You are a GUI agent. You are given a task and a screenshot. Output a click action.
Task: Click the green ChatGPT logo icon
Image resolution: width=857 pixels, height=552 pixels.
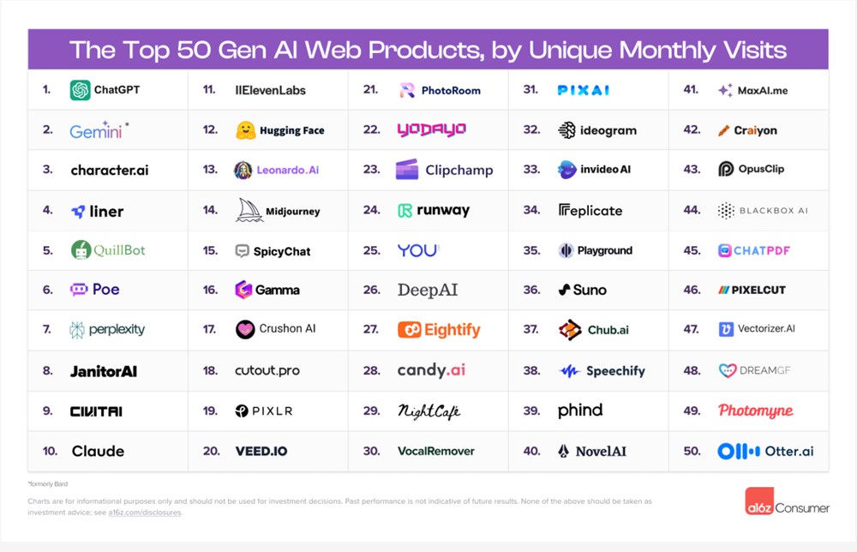(81, 90)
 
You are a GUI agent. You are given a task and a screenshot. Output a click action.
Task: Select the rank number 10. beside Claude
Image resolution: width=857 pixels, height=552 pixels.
(50, 451)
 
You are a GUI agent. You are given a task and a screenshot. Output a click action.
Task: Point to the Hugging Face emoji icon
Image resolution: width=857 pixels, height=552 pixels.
(246, 130)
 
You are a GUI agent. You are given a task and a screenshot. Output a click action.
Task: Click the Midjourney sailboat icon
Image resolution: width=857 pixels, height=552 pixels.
(249, 210)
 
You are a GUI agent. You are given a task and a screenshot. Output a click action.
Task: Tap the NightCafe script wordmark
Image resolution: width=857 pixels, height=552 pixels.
(428, 411)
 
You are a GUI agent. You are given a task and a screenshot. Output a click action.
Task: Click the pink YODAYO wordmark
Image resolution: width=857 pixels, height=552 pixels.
(431, 130)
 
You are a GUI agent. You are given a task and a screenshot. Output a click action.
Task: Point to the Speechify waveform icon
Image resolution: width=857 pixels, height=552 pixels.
(569, 371)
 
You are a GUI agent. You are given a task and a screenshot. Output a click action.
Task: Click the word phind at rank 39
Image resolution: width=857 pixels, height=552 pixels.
(580, 411)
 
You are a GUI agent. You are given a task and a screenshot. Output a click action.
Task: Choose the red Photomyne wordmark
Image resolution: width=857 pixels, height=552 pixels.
(755, 411)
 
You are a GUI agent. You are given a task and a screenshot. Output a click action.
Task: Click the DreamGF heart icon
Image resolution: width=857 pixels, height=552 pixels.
(728, 371)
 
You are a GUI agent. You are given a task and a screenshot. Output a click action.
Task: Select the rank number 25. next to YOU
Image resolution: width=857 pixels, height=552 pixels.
(371, 250)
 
